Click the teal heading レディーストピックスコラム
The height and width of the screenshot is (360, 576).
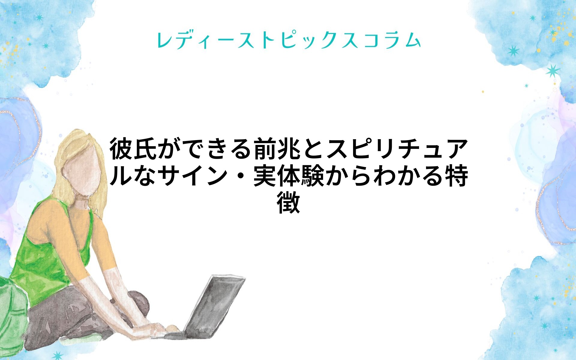pos(289,40)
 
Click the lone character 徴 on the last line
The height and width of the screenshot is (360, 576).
pos(288,202)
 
